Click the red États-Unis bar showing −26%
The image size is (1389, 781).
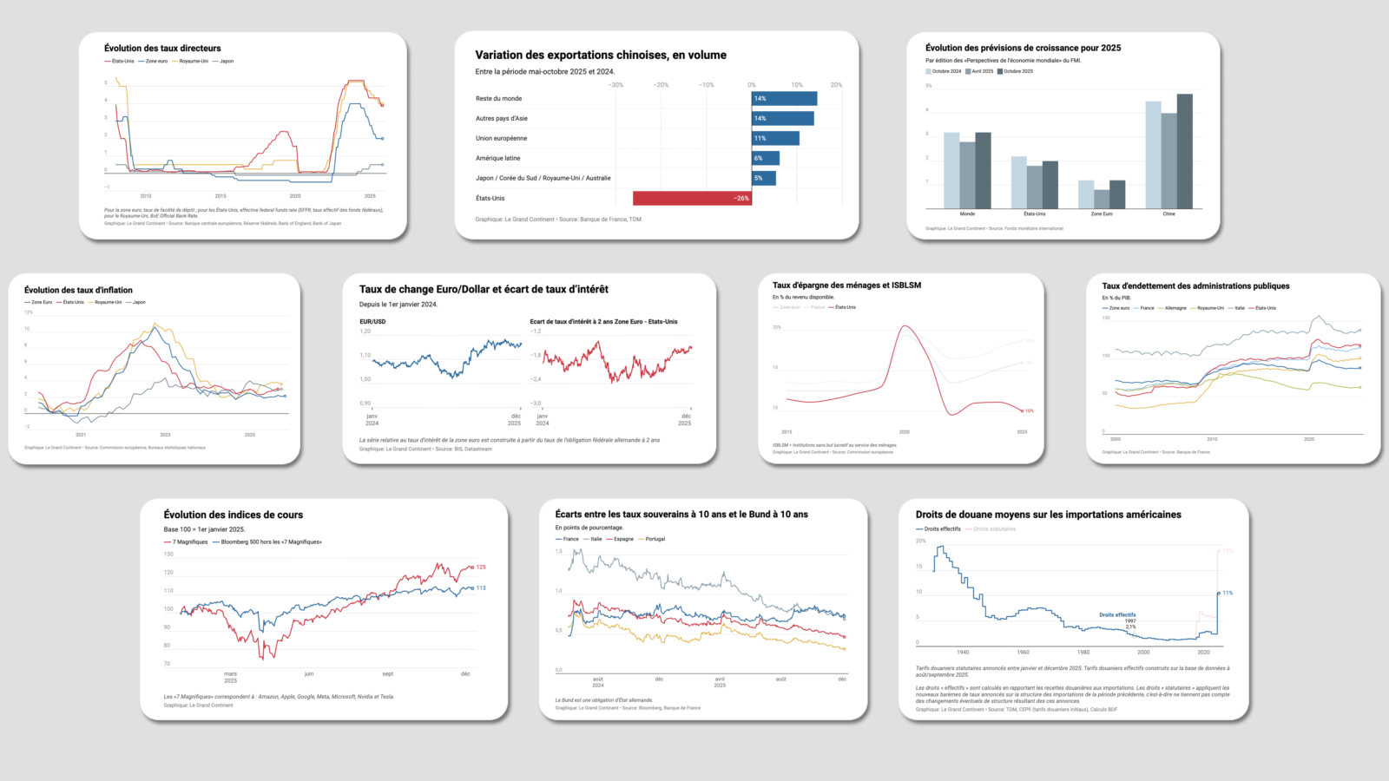[691, 198]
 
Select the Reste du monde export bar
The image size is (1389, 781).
[784, 99]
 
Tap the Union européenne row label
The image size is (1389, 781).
[501, 139]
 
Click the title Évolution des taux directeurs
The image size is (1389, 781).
[162, 49]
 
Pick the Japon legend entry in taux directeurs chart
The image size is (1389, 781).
[226, 62]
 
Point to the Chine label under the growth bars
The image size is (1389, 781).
[1168, 213]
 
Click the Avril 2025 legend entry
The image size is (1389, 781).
[982, 71]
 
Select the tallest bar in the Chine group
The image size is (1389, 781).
[1184, 151]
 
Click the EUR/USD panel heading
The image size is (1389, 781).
[372, 322]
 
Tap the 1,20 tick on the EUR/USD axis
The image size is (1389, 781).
[365, 331]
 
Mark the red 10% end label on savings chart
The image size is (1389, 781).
[1030, 411]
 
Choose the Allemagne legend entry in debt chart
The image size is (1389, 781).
[1175, 308]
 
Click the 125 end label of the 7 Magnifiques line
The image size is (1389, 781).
[481, 568]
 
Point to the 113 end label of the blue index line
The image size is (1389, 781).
[481, 588]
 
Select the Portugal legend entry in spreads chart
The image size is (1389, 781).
[655, 539]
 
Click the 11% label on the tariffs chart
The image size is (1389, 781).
[1228, 594]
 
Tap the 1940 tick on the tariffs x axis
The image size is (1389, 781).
[963, 652]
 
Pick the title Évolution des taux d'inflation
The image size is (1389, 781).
[78, 291]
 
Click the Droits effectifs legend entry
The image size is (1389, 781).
[942, 529]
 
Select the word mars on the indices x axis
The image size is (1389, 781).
[230, 674]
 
